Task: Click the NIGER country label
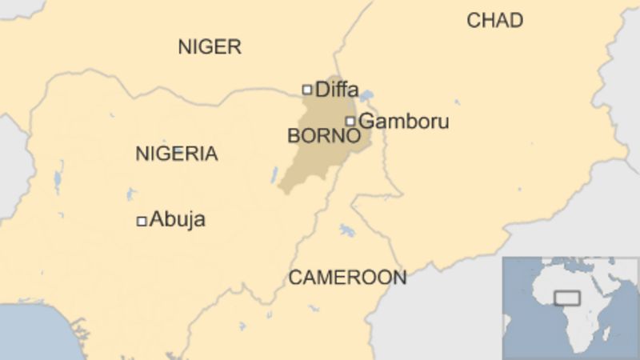tap(209, 47)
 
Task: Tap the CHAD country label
tap(494, 21)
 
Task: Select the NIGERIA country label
tap(176, 154)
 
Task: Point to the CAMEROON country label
tap(347, 278)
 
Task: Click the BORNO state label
tap(323, 137)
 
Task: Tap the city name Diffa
tap(337, 90)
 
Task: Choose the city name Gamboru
tap(403, 122)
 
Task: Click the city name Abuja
tap(178, 219)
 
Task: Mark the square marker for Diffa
tap(306, 90)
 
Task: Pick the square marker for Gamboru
tap(350, 122)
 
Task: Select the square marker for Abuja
tap(142, 221)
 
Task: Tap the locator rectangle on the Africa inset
tap(566, 298)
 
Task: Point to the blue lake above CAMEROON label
tap(346, 230)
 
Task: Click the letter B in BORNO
tap(293, 137)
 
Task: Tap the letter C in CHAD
tap(473, 21)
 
